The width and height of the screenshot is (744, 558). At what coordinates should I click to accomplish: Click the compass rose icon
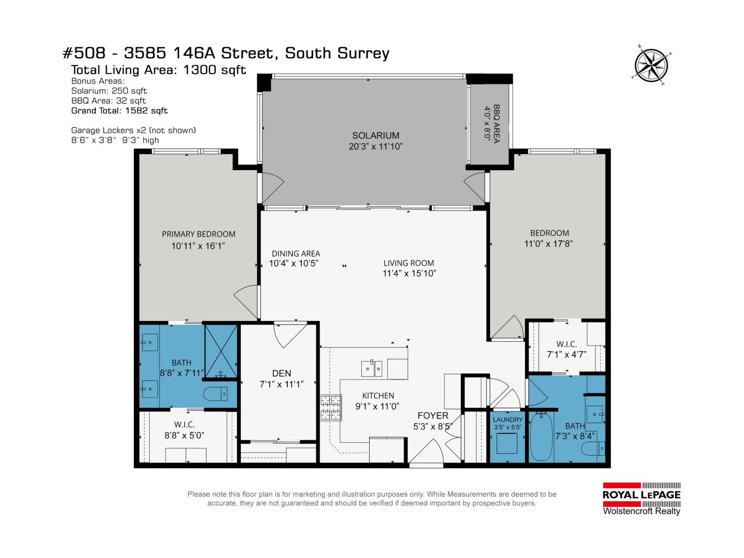[652, 66]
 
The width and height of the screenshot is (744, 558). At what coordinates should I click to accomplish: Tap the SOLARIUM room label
[375, 136]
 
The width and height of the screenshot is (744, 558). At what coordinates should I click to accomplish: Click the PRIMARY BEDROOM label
[199, 234]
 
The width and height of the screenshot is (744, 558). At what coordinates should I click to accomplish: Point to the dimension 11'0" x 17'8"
[549, 244]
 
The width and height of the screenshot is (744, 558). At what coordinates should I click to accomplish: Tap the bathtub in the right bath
[541, 436]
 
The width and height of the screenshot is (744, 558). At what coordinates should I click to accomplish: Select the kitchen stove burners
[331, 408]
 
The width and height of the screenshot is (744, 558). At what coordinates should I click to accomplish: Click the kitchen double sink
[372, 369]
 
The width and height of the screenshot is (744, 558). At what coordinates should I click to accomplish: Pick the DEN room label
[281, 373]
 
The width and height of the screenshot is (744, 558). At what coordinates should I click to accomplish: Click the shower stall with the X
[221, 351]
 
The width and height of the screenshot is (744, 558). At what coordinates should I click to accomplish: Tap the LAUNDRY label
[507, 419]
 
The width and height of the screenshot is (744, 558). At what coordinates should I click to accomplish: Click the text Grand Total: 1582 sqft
[119, 111]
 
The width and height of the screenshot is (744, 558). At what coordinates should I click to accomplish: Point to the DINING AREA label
[296, 254]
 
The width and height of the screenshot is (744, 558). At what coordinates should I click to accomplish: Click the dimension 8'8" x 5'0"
[184, 436]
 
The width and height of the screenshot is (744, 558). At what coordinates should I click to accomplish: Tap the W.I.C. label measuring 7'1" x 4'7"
[566, 345]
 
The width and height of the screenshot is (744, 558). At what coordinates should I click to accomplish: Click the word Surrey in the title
[360, 53]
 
